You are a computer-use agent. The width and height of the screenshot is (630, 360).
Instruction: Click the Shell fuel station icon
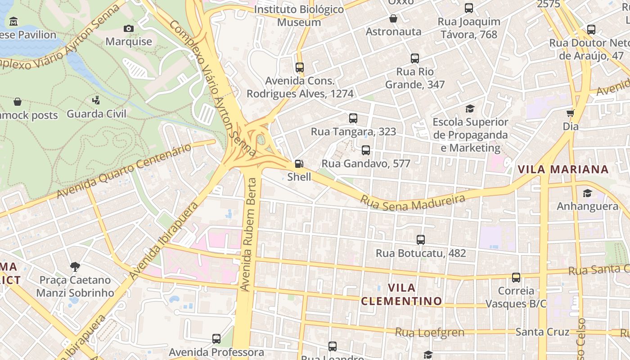click(299, 164)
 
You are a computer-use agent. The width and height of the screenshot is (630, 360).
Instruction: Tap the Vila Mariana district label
click(563, 170)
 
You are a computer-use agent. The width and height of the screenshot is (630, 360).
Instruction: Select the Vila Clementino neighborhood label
click(401, 294)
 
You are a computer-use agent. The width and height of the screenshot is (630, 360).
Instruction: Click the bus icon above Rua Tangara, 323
click(353, 118)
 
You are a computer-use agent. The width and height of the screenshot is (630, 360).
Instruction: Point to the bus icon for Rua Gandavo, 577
click(366, 150)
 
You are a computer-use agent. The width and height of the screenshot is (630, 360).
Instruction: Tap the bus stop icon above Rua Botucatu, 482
click(421, 240)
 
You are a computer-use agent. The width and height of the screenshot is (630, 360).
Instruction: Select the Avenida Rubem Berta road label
click(248, 234)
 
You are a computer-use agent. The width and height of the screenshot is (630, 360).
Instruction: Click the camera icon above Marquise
click(129, 29)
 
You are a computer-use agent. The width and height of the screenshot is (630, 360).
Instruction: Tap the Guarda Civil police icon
click(96, 100)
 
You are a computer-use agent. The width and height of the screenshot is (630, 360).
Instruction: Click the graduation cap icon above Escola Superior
click(470, 109)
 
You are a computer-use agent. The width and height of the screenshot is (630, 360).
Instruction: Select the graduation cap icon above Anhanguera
click(587, 193)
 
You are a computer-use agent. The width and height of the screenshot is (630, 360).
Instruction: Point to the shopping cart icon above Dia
click(571, 113)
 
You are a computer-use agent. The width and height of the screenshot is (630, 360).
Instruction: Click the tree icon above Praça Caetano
click(75, 267)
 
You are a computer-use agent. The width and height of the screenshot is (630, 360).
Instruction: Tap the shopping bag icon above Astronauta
click(393, 18)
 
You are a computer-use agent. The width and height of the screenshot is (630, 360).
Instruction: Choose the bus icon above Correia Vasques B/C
click(516, 278)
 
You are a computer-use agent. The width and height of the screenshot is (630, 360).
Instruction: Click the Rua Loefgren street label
click(430, 333)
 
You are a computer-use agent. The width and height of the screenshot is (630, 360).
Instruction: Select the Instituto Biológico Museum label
click(299, 16)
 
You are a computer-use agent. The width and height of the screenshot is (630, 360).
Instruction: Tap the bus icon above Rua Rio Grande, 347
click(415, 58)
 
